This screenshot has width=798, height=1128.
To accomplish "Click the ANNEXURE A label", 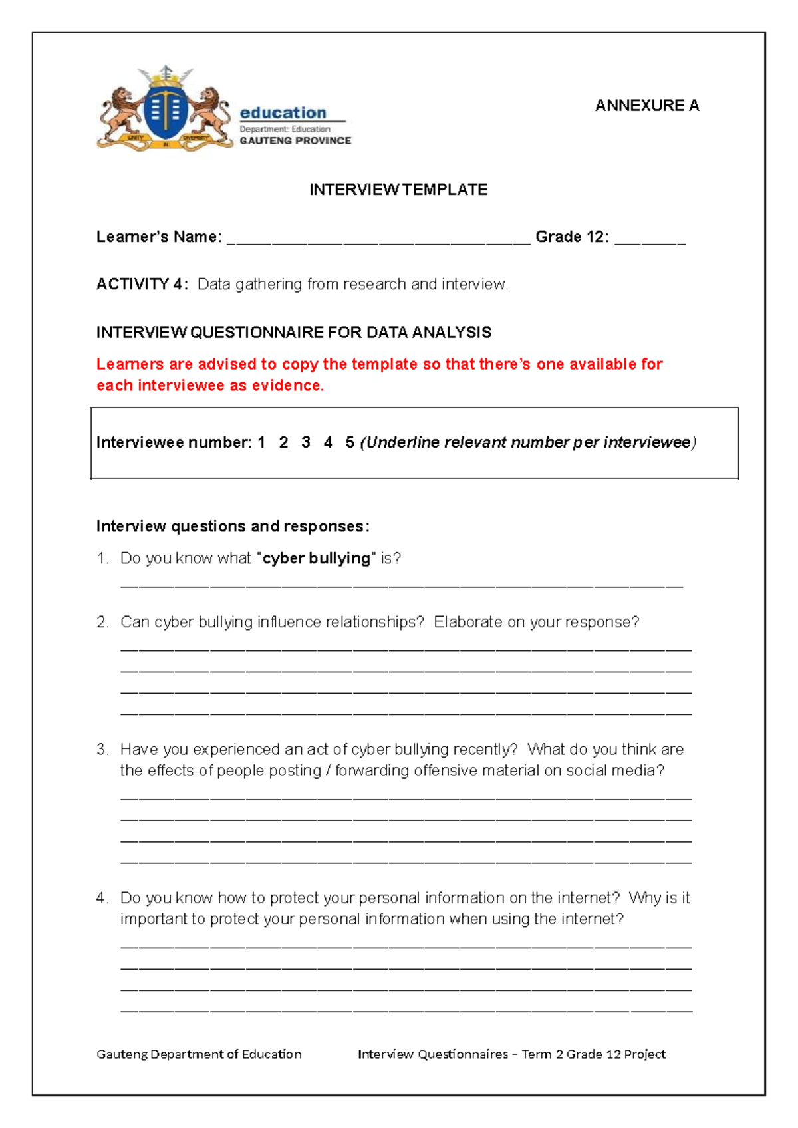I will [x=646, y=106].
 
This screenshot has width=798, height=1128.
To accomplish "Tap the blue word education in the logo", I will [x=283, y=112].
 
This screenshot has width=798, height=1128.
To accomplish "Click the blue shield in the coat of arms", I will [x=166, y=110].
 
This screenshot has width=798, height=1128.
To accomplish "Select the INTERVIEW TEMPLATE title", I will [x=398, y=190].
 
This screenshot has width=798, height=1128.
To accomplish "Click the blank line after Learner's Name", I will [x=378, y=239].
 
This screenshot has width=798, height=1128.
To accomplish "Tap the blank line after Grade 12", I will [x=650, y=239].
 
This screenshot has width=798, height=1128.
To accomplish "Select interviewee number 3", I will [x=305, y=443].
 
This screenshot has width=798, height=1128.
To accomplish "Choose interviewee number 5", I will [x=350, y=443].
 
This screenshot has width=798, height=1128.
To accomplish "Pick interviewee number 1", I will [x=261, y=443].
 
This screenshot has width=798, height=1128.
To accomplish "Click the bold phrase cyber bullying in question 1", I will [x=317, y=559].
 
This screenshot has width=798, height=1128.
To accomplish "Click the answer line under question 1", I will [x=401, y=585].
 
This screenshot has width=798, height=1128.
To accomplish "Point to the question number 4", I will [x=101, y=899].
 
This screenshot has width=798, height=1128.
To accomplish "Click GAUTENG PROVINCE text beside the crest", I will [x=295, y=141].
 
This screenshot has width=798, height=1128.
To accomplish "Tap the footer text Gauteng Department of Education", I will [x=199, y=1054].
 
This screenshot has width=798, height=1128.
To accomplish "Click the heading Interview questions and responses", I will [x=233, y=527].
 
